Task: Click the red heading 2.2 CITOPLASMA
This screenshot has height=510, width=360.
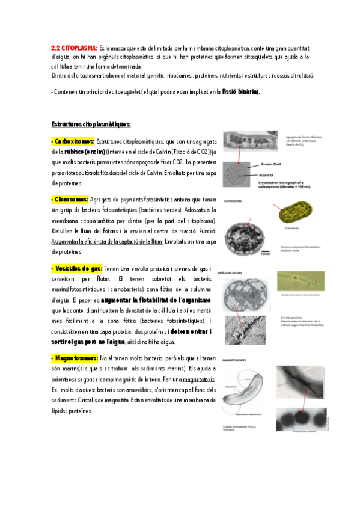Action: [x=73, y=48]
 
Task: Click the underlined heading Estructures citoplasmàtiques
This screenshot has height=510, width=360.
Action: [x=90, y=124]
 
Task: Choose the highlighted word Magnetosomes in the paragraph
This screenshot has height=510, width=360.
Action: [x=75, y=358]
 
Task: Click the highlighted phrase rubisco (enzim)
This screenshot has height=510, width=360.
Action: [x=85, y=152]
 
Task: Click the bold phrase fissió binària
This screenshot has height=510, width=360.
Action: [x=240, y=92]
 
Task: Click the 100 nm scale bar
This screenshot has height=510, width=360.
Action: [x=265, y=251]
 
